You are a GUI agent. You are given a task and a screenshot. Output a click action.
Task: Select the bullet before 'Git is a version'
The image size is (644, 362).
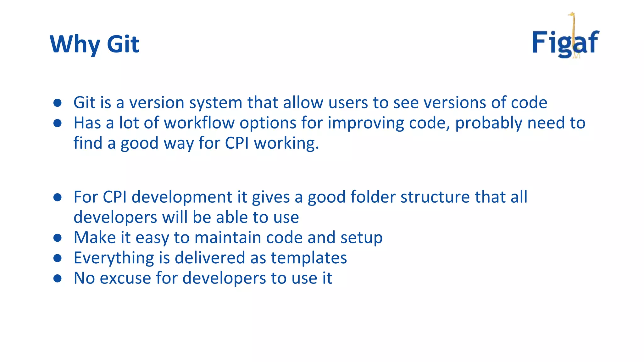(57, 103)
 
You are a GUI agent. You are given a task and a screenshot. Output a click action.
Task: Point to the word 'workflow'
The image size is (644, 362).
(199, 123)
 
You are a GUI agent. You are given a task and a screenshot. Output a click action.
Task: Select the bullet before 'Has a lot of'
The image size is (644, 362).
(57, 123)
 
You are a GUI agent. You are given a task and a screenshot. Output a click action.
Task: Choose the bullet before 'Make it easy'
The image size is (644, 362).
(57, 238)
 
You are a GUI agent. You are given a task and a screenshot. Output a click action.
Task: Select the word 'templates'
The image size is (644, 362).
(309, 258)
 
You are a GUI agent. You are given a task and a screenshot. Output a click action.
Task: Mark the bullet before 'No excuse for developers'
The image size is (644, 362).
(57, 278)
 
